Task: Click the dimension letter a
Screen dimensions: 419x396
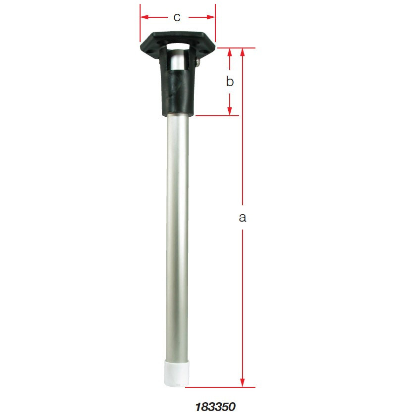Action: [x=242, y=217]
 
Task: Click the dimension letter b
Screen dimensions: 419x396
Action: [x=230, y=82]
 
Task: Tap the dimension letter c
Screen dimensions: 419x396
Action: [x=177, y=17]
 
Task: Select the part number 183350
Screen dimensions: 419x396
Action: [x=215, y=407]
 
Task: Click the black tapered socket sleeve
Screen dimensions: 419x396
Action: [x=177, y=92]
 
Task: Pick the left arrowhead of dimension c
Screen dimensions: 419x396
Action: [x=144, y=17]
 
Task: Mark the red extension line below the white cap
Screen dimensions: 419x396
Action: [x=223, y=387]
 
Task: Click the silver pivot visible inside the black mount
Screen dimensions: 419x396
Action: [x=177, y=62]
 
